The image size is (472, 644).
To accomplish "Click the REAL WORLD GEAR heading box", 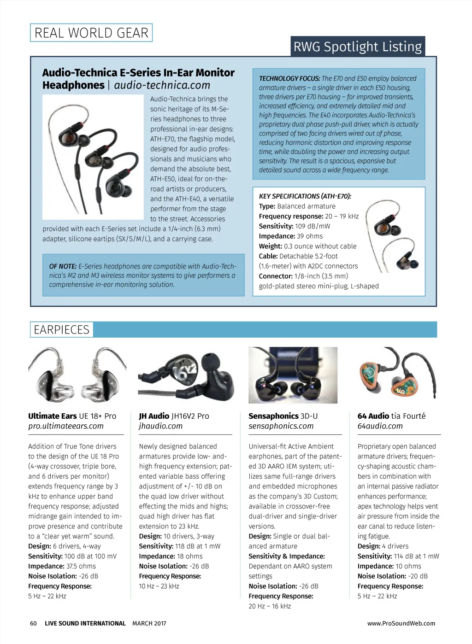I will coord(91,33).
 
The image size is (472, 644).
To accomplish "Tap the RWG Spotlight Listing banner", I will coord(358,47).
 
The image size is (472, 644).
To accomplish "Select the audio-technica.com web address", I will coord(162,85).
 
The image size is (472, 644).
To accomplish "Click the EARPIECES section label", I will coord(61,330).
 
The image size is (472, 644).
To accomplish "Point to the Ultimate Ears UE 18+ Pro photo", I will coord(77,375).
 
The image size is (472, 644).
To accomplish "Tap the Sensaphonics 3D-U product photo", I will coord(293,375).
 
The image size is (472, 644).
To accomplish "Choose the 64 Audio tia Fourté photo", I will coord(397,374).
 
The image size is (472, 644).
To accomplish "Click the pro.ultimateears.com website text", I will coord(66,426).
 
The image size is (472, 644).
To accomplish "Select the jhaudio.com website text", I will coord(160,426).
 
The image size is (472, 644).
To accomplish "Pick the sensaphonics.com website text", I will coord(281,426).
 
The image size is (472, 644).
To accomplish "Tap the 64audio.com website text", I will coord(380,426).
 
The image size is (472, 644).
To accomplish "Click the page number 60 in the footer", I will coord(33,623).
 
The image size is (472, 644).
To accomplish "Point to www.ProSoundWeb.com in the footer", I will coord(401,623).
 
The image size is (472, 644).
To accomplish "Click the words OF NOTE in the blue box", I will coord(63,266).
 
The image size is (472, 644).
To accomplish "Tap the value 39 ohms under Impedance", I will coord(310,236).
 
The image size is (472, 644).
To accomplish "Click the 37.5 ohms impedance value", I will coord(81,566).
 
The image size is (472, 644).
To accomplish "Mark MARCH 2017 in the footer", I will coord(149,623).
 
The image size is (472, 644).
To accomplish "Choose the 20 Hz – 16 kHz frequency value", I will coord(270,606).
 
